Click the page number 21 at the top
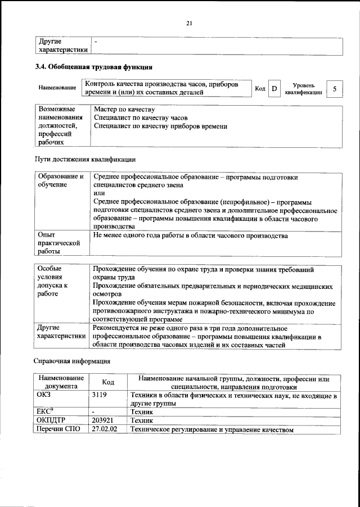pos(189,23)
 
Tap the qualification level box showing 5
pos(335,89)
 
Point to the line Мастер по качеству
pos(124,109)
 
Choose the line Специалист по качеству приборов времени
pos(160,126)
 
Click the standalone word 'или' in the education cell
pos(98,193)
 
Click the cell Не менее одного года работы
pos(190,236)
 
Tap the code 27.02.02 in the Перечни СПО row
pos(106,429)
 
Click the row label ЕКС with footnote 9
pos(46,412)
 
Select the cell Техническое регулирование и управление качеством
pos(212,429)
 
